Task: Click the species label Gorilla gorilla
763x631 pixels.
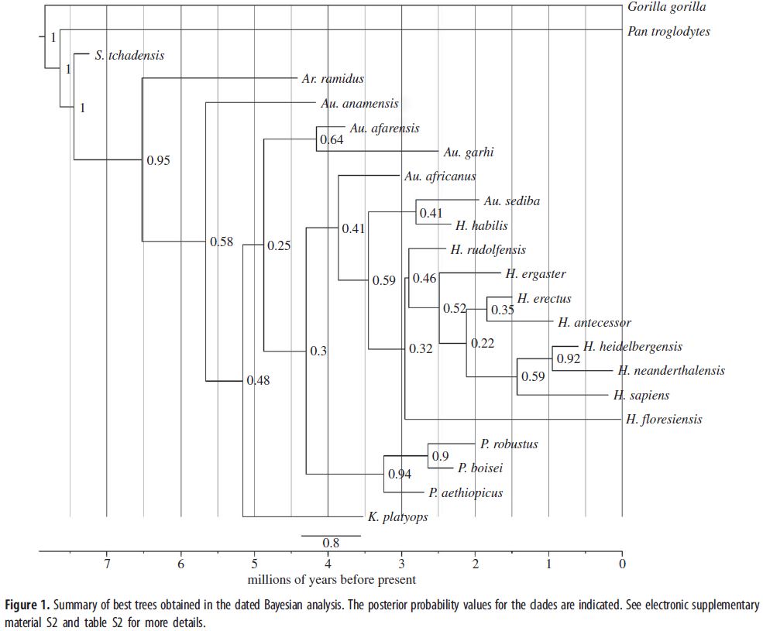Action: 666,8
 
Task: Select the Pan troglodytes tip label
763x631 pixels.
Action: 668,32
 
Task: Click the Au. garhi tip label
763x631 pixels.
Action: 469,153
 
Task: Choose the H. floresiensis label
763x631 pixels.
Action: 665,420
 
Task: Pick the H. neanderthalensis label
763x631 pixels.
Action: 671,371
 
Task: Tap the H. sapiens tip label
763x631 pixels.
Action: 641,396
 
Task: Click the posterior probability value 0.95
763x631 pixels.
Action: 158,161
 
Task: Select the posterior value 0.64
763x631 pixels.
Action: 332,141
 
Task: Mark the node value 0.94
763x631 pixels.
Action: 399,475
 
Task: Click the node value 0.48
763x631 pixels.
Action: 258,380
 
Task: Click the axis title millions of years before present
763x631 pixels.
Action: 332,580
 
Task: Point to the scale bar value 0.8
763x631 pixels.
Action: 331,543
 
